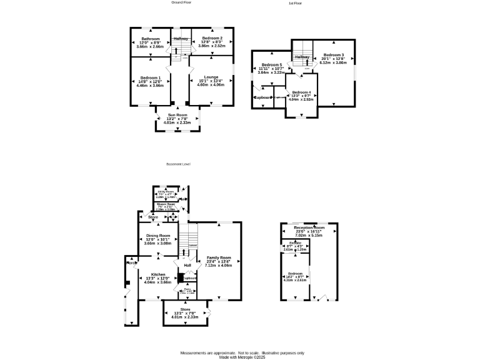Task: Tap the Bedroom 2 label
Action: point(211,38)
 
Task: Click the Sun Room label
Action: point(177,116)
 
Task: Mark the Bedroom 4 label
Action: point(301,92)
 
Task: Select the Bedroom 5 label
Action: point(272,65)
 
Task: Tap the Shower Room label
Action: point(166,204)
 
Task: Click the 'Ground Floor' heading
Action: point(181,2)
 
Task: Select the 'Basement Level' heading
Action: point(178,164)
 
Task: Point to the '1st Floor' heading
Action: point(296,4)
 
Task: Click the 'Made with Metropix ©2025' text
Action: point(242,357)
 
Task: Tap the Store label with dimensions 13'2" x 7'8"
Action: point(185,309)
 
